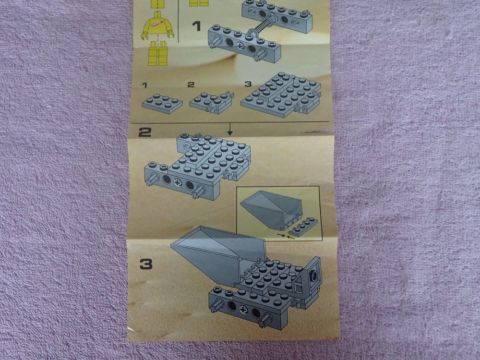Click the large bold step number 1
click(x=195, y=25)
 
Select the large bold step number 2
click(x=144, y=132)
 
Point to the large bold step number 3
click(x=146, y=264)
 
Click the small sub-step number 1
click(x=144, y=85)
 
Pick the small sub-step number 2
click(x=191, y=85)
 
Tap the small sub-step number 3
click(x=248, y=84)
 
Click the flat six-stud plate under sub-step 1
click(x=162, y=103)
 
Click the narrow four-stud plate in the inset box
click(x=303, y=228)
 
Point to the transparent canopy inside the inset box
click(x=271, y=207)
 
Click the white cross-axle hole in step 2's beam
click(x=178, y=182)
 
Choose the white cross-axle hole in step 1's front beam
click(x=240, y=46)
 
